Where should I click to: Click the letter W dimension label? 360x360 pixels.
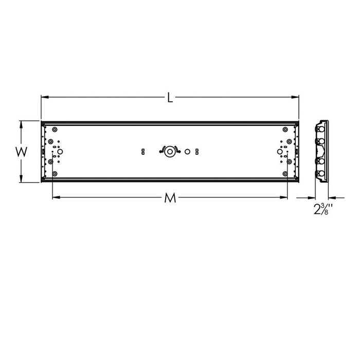21,152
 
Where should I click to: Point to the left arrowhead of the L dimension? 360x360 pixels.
43,96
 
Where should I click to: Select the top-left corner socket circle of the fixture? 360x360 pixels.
55,129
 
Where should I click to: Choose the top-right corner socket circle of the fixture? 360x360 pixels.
285,129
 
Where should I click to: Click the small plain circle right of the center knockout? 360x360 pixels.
187,151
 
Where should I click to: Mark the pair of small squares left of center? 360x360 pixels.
143,151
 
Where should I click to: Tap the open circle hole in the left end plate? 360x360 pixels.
59,152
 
